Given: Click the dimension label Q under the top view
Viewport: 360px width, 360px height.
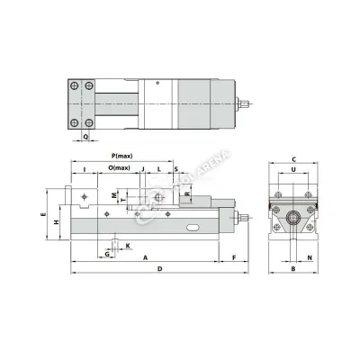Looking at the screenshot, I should click(86, 137).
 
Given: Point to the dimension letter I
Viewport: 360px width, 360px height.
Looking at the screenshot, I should click(84, 168).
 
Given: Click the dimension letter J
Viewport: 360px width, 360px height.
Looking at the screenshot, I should click(143, 168).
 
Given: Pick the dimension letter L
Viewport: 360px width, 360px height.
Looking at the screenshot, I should click(158, 168).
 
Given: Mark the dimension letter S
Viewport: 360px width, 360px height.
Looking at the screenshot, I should click(175, 168).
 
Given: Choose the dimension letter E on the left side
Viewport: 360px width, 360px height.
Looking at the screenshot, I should click(44, 217).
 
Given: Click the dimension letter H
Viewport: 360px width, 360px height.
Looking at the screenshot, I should click(56, 222).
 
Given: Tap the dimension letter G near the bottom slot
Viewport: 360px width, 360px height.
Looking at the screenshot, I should click(107, 255).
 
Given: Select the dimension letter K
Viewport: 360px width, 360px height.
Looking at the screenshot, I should click(127, 245).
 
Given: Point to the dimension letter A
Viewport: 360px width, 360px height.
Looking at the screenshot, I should click(145, 257).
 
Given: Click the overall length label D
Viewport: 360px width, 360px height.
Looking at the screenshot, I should click(159, 269).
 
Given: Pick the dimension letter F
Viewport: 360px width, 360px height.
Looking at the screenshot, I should click(233, 257).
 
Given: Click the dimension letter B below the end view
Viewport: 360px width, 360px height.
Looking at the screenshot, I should click(293, 269).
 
